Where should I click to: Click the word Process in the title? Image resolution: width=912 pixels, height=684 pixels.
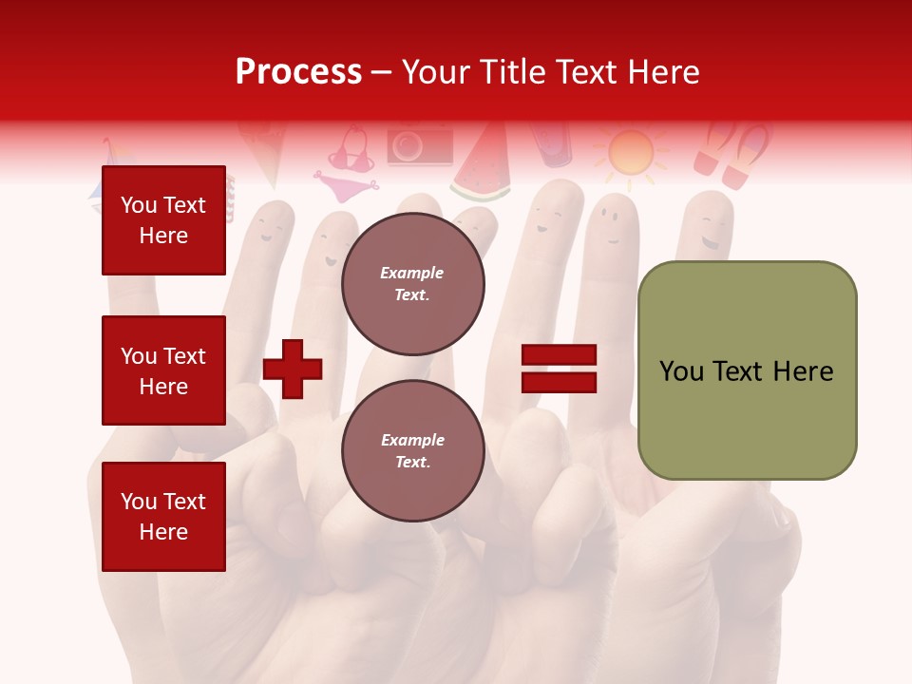point(298,72)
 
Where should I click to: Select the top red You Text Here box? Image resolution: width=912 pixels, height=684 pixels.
point(163,220)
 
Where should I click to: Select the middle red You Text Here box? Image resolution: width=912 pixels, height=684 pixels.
point(163,370)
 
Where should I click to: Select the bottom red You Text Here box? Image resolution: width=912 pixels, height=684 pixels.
point(163,516)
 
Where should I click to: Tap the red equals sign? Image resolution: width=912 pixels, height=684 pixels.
point(559,369)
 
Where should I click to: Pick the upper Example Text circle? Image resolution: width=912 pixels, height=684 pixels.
point(412,284)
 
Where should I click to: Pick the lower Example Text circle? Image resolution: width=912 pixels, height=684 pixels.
point(412,450)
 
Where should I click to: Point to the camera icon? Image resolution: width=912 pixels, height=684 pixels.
point(418,145)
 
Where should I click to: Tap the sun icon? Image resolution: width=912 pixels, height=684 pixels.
point(631,152)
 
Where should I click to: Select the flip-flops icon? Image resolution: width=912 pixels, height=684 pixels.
point(731,152)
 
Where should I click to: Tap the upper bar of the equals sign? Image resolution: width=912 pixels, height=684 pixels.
point(559,355)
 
